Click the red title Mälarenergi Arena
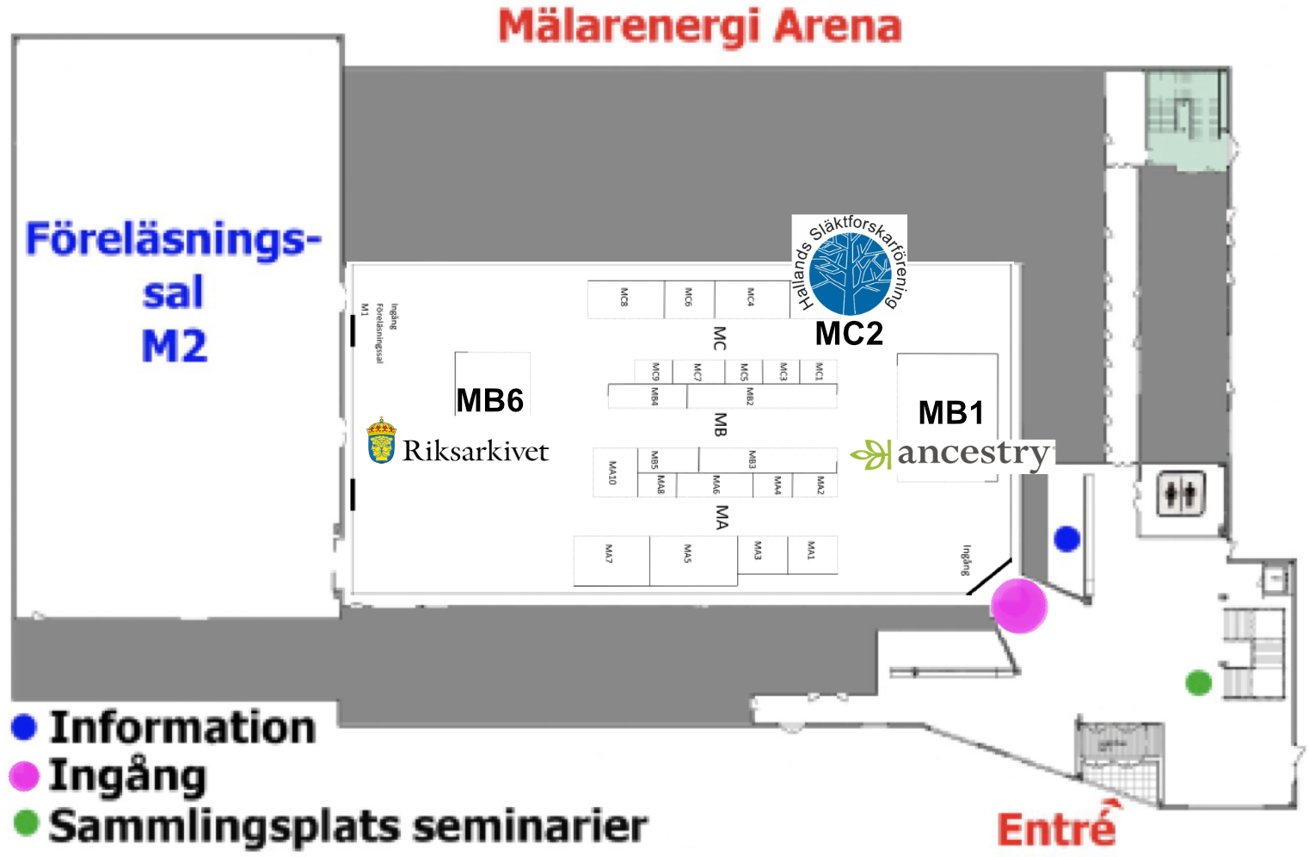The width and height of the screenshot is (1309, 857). (x=699, y=26)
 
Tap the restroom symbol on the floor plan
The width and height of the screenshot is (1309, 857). (x=1180, y=494)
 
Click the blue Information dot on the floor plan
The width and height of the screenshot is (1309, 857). (x=1066, y=539)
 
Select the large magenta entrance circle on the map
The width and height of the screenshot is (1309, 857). (x=1019, y=605)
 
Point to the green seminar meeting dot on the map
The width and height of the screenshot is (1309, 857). (x=1198, y=682)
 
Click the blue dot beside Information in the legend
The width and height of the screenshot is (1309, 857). (x=24, y=727)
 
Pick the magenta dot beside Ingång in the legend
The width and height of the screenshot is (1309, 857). (x=24, y=776)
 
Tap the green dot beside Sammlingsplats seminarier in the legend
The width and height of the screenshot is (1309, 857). (x=27, y=823)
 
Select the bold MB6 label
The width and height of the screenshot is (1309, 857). (x=489, y=400)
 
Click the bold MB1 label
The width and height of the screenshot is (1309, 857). (x=950, y=413)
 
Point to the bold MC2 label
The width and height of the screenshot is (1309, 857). (x=849, y=334)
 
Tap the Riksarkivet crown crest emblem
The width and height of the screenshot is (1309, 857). (x=381, y=441)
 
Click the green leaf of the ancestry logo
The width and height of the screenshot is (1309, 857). (x=871, y=453)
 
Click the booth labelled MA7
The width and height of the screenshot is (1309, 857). (x=611, y=559)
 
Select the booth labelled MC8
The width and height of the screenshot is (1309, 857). (x=625, y=299)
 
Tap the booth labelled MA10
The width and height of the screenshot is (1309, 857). (x=614, y=473)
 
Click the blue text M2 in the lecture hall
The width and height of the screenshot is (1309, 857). (x=175, y=347)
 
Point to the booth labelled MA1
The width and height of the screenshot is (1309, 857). (x=812, y=553)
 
